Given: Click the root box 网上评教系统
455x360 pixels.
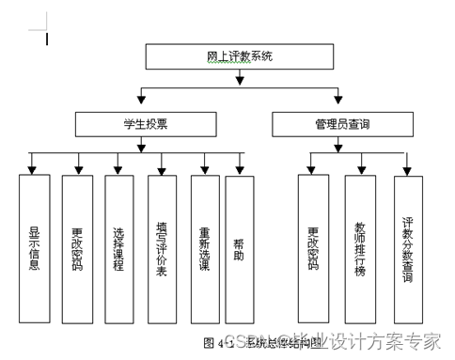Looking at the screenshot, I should point(239,57).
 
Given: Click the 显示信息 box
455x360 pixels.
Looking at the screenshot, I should point(34,246).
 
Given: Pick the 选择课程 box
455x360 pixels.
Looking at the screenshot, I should point(119,246).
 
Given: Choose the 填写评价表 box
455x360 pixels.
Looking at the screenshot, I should point(162,246).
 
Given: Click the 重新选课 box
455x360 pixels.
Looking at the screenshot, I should point(204,246).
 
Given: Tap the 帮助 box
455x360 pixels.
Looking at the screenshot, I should point(239,246).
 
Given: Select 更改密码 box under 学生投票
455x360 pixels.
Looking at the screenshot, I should point(76,246).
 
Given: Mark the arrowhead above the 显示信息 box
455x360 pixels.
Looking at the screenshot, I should point(34,169).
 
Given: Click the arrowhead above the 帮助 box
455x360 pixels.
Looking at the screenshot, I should point(239,169).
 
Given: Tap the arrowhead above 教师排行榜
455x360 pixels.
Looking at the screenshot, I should point(360,169).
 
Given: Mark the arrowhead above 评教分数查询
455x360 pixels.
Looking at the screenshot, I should point(407,169).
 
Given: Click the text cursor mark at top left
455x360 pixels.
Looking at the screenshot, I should point(46,39).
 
